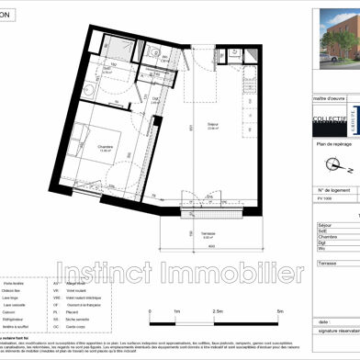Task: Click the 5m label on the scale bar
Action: click(279, 337)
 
